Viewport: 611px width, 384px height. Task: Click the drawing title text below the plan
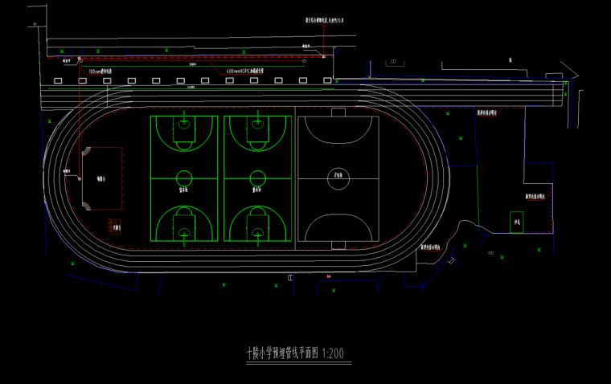pyautogui.click(x=282, y=353)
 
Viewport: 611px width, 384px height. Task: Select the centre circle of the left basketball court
pyautogui.click(x=184, y=178)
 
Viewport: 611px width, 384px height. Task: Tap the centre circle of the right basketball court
pyautogui.click(x=256, y=178)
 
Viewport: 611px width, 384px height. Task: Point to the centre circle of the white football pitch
pyautogui.click(x=338, y=179)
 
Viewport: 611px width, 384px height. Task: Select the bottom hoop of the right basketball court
pyautogui.click(x=256, y=234)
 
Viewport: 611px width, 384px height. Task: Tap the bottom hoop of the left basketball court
pyautogui.click(x=184, y=234)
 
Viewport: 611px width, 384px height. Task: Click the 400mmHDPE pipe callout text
pyautogui.click(x=245, y=71)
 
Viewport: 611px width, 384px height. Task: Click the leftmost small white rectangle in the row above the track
pyautogui.click(x=57, y=81)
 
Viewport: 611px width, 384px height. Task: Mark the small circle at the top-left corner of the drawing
pyautogui.click(x=35, y=25)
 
